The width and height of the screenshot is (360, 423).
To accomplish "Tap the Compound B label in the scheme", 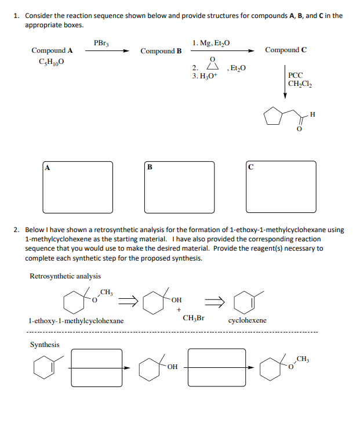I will (x=161, y=51).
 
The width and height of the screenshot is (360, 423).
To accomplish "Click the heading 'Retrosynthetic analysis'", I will (x=65, y=276).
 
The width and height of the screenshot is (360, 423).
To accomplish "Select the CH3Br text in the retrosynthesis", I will (x=193, y=318).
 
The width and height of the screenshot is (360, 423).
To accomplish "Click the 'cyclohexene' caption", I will (x=248, y=320).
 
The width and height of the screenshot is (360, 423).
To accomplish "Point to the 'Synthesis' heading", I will (x=45, y=345).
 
